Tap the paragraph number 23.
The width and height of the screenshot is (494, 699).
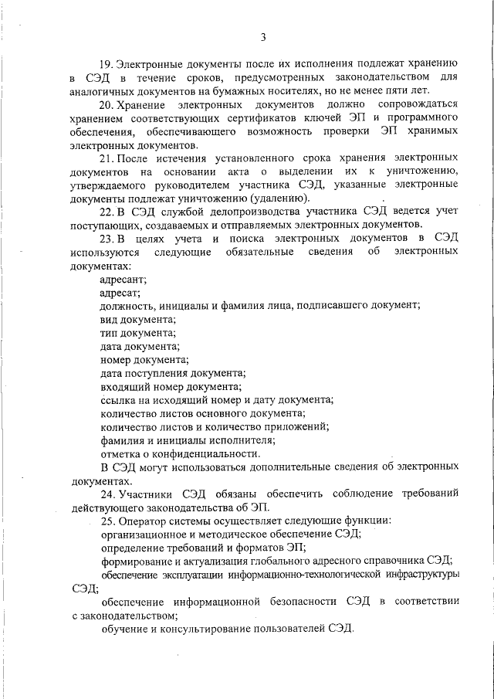(x=107, y=238)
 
